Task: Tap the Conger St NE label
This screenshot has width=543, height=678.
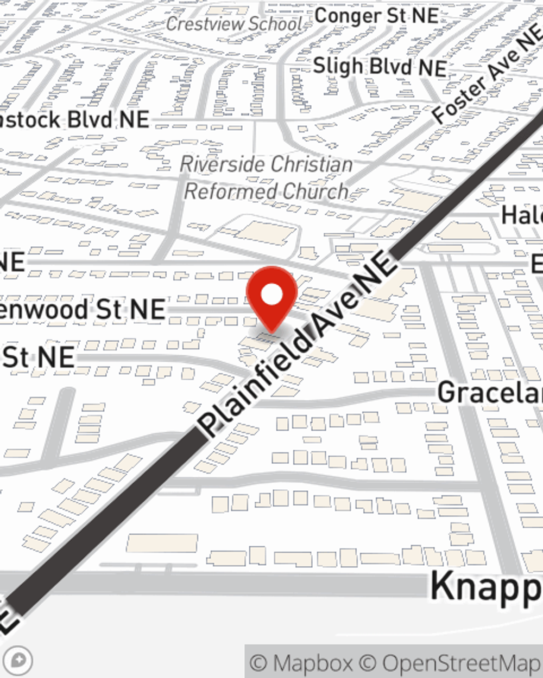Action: pos(376,16)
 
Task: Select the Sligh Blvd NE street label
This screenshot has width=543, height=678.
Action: pos(380,67)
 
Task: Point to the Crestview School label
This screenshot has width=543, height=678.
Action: pos(234,24)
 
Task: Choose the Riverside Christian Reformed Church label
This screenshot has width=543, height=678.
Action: pos(266,177)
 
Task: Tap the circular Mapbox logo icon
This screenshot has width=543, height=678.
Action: pos(18,661)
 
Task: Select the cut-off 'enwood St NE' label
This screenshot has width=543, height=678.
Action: pos(81,310)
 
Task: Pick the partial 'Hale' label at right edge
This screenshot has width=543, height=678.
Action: pos(522,215)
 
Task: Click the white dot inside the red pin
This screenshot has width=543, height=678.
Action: pos(271,295)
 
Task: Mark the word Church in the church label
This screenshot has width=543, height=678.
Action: pos(315,191)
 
